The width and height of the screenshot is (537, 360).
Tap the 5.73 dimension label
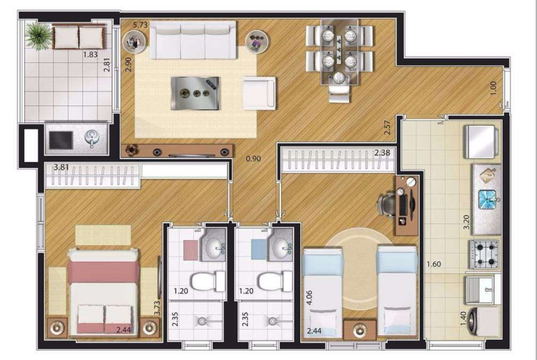140,24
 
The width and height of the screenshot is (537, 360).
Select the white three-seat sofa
193,40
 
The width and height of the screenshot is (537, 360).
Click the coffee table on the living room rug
195,93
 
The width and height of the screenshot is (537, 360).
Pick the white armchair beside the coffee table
259,93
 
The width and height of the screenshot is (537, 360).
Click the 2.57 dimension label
388,127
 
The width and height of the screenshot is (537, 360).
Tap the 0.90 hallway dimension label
253,159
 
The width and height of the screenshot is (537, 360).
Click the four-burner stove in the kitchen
485,254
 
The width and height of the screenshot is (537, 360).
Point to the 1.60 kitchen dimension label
434,264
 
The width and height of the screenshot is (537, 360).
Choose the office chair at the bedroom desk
388,204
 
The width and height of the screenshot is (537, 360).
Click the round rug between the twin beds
360,271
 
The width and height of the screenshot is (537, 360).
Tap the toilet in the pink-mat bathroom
208,281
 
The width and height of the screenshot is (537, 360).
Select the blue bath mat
259,249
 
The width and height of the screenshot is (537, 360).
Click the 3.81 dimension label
62,167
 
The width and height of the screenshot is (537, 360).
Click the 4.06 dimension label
310,298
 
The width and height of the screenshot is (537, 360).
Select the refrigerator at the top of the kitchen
481,142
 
